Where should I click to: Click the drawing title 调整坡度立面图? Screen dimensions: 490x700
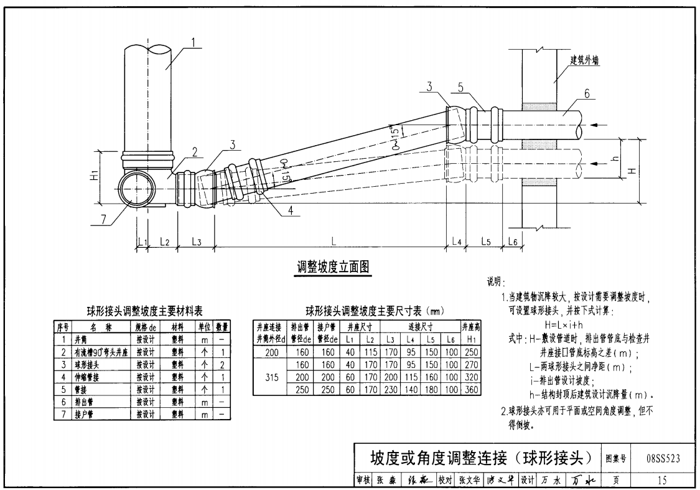pos(333,268)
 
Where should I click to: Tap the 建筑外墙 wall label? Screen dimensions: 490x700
pos(589,60)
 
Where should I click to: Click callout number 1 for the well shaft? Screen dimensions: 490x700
pos(194,42)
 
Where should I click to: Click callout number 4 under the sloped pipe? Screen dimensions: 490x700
pos(291,210)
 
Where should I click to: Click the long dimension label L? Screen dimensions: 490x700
pos(335,239)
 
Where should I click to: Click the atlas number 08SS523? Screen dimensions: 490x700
pos(663,459)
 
